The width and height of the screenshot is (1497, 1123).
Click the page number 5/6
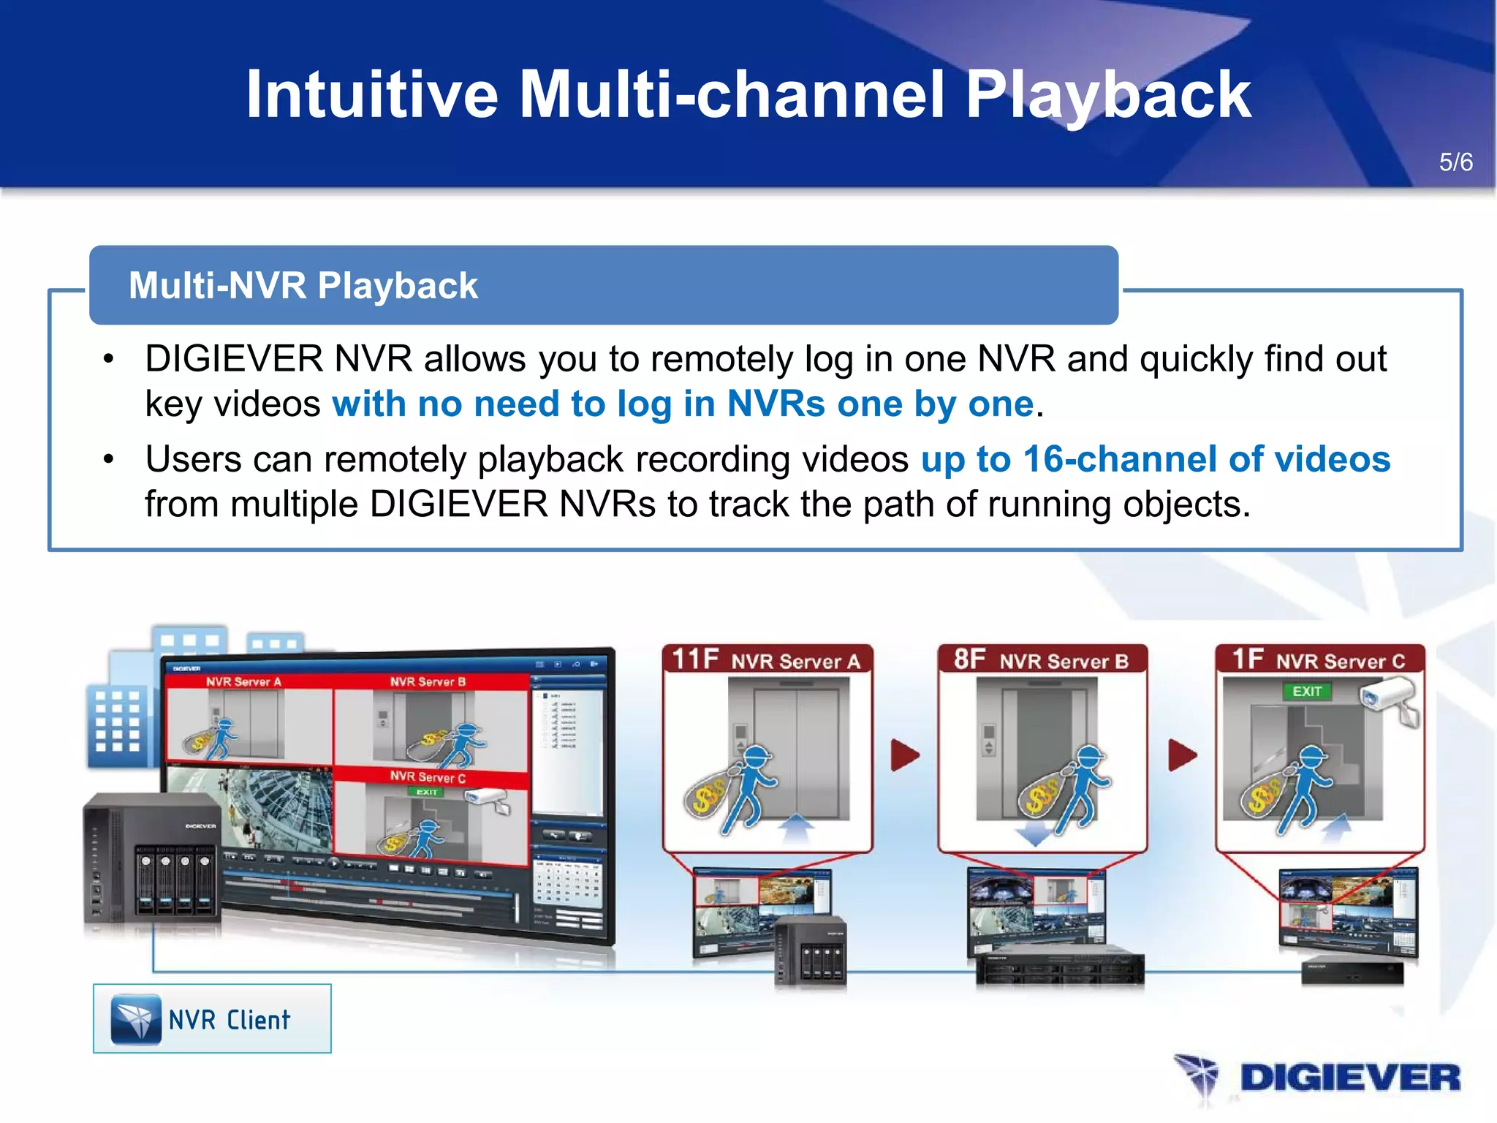click(1455, 162)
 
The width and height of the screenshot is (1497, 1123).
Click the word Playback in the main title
click(1108, 95)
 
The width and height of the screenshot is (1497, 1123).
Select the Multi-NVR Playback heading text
click(303, 285)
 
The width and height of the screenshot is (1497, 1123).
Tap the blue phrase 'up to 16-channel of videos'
click(1155, 459)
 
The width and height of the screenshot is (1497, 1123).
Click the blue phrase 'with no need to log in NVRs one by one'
click(683, 404)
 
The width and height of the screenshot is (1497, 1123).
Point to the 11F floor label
click(694, 659)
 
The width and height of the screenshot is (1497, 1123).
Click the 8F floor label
click(969, 659)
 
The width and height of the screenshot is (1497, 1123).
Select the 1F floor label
click(1247, 659)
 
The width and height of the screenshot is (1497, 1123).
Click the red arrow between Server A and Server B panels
click(905, 755)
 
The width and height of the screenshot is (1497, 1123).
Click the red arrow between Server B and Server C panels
click(1182, 755)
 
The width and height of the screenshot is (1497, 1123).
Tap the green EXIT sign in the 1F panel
click(1307, 691)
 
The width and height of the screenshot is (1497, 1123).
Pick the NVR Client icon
click(136, 1018)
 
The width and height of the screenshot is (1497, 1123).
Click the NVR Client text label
click(230, 1020)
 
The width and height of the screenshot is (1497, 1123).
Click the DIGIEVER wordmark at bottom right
click(1349, 1078)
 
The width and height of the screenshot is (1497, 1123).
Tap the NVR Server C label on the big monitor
click(428, 776)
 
